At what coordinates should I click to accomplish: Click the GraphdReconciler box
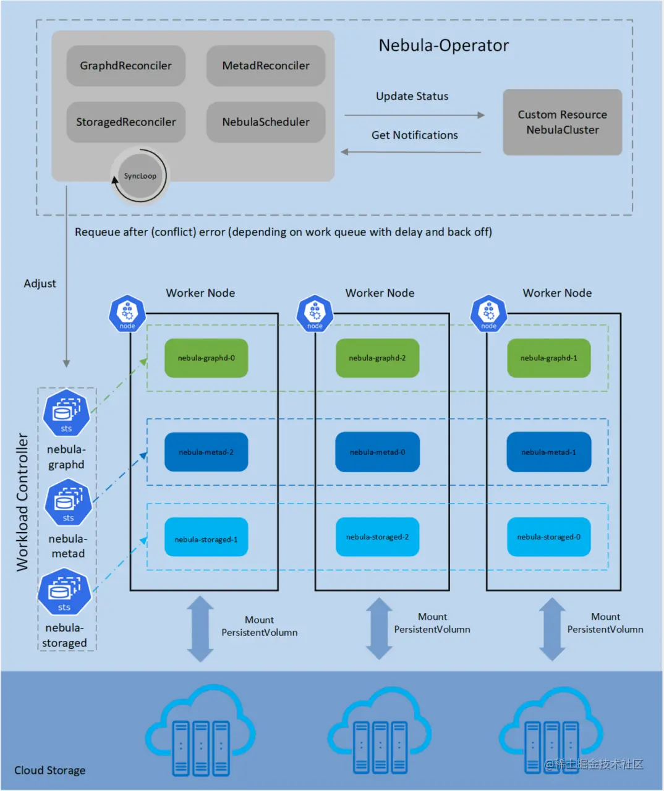[126, 66]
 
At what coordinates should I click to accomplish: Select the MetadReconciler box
[266, 66]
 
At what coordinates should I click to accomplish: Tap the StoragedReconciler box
[126, 122]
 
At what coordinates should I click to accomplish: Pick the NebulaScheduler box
[266, 122]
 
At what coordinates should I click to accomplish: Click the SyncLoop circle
[140, 176]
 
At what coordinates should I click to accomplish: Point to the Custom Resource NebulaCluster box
[562, 122]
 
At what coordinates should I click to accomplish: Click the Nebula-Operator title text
[443, 46]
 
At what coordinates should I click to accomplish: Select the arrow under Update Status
[414, 115]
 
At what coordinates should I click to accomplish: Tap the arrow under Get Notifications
[411, 151]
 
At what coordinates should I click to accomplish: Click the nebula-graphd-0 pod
[206, 358]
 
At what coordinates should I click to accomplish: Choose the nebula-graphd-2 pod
[377, 358]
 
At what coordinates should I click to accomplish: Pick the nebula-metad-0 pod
[377, 452]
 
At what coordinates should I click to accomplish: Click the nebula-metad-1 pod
[548, 452]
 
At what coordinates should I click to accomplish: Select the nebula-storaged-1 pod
[206, 539]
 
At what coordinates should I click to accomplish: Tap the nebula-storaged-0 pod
[548, 537]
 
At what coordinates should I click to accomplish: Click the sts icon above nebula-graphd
[66, 413]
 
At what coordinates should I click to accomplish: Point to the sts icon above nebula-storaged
[64, 592]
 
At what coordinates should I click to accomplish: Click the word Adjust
[40, 284]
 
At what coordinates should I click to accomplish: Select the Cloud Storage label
[50, 771]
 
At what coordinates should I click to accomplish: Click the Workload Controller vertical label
[22, 502]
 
